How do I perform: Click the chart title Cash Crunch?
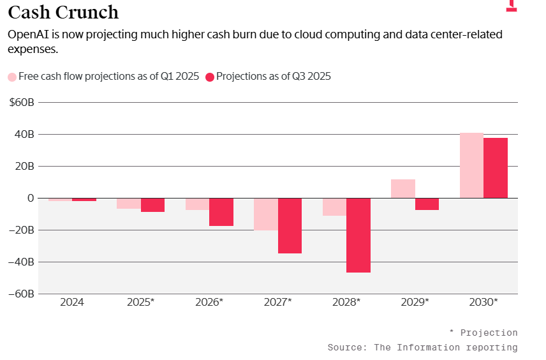63,12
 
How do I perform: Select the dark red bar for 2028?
358,235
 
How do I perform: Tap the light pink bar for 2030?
471,165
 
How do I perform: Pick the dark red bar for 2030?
496,168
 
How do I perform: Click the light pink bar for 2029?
403,189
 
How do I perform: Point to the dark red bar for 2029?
427,204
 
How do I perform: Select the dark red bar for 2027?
290,226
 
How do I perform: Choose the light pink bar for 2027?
266,214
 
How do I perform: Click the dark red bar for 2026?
221,212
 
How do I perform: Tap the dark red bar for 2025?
152,205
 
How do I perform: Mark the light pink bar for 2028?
334,207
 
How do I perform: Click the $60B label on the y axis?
21,102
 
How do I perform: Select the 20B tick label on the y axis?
24,166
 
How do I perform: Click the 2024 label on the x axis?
72,302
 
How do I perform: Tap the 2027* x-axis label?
277,302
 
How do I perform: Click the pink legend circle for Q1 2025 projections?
12,77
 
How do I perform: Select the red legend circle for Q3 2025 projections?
209,77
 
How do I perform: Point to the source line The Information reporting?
422,347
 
